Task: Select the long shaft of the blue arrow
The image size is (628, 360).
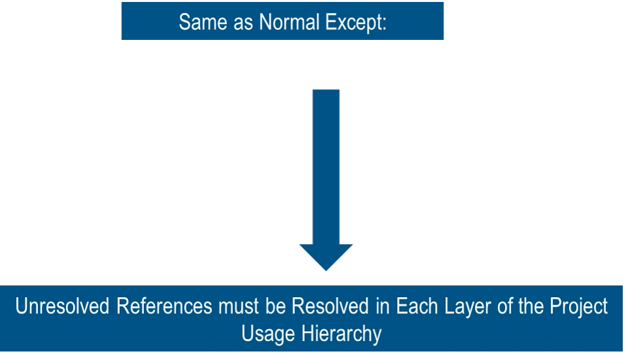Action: point(326,164)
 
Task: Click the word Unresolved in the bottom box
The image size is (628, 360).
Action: point(63,306)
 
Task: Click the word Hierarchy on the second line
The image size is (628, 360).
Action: point(341,334)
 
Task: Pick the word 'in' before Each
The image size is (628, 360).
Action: point(378,306)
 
